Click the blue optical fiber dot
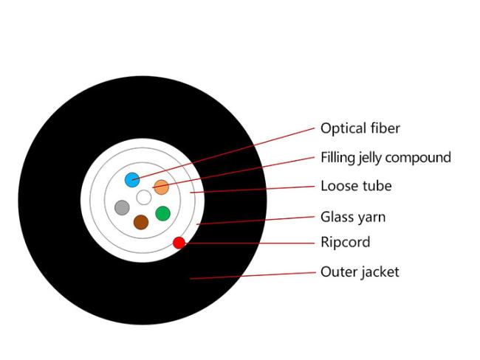(x=132, y=180)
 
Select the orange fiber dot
(x=161, y=187)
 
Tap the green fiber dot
(x=163, y=213)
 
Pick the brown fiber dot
(x=141, y=222)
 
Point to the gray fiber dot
(x=122, y=208)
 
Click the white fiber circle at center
(x=144, y=197)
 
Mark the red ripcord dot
(x=179, y=243)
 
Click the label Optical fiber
(x=360, y=128)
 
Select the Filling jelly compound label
(x=385, y=158)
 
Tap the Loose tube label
(x=356, y=186)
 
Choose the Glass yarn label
(x=353, y=218)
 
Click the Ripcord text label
(x=346, y=242)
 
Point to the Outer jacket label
(x=360, y=272)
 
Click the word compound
(x=418, y=159)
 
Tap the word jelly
(x=370, y=158)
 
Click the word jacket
(x=380, y=272)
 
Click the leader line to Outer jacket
(x=253, y=275)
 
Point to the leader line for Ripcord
(x=250, y=243)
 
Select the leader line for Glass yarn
(x=256, y=221)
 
